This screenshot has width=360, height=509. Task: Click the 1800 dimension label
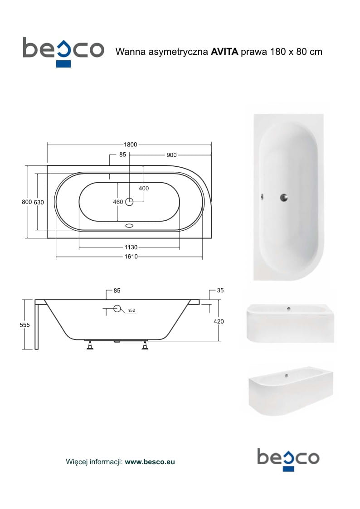[131, 145]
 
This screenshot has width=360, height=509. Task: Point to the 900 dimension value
[171, 155]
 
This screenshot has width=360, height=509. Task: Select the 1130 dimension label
[131, 247]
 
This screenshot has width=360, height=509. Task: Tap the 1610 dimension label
[131, 257]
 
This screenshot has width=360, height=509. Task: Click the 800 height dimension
[27, 202]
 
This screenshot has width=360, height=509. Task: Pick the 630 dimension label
[39, 202]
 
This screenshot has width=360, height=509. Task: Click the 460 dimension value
[118, 202]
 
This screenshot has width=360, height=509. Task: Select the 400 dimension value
[143, 188]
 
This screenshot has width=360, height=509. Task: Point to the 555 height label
[24, 325]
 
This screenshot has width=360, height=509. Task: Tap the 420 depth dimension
[219, 321]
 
